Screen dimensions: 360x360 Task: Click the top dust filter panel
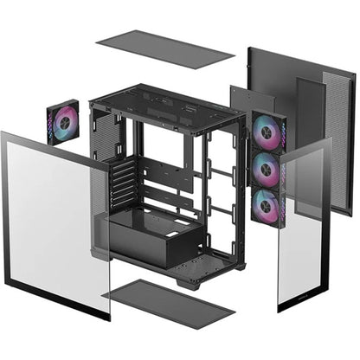(164, 48)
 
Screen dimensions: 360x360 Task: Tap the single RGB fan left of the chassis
(63, 122)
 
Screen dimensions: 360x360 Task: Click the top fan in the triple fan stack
(268, 132)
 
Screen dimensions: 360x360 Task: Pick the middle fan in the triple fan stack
(268, 169)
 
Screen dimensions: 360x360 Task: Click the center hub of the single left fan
(63, 122)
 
